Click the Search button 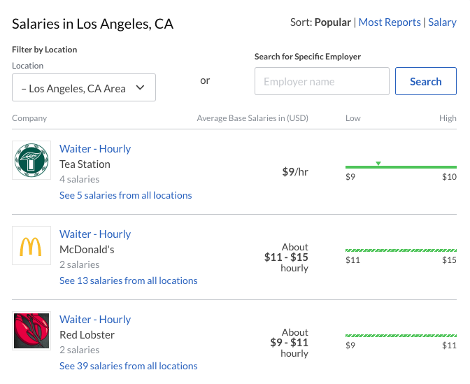click(x=425, y=81)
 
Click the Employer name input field click(x=322, y=81)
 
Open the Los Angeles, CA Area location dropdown click(x=84, y=88)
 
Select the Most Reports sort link click(x=390, y=22)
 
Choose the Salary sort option click(x=442, y=22)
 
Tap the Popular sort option click(x=333, y=22)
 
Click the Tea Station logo click(x=31, y=160)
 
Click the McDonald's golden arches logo click(x=31, y=246)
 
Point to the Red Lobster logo click(x=31, y=331)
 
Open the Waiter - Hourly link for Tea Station click(x=95, y=149)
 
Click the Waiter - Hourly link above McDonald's click(x=95, y=234)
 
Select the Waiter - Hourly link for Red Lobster click(x=95, y=320)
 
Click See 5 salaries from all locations click(x=126, y=195)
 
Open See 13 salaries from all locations click(x=129, y=280)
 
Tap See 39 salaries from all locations click(x=129, y=366)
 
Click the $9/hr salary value click(x=294, y=171)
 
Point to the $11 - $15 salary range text click(x=286, y=257)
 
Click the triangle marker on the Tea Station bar click(x=378, y=164)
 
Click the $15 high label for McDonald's click(x=449, y=260)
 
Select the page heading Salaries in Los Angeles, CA click(x=92, y=24)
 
